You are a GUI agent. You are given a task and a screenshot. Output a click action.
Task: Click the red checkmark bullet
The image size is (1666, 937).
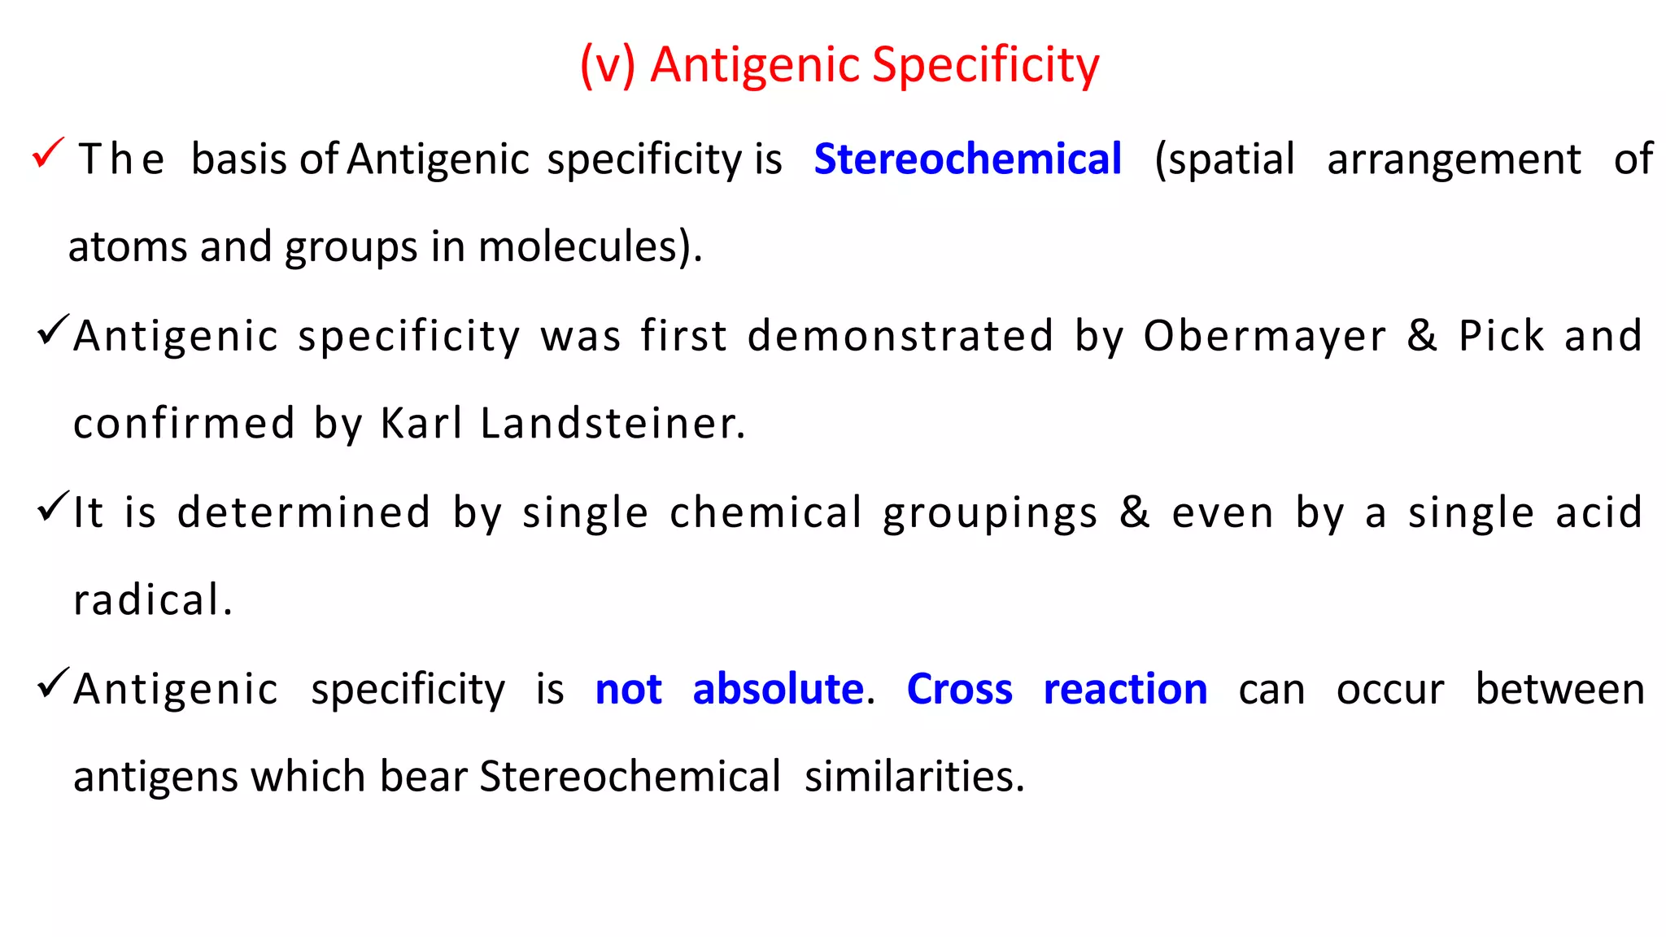click(x=47, y=152)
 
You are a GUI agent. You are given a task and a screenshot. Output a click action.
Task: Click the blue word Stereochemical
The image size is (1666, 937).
click(x=967, y=159)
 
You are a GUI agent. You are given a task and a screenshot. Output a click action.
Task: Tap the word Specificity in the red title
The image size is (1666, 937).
click(x=985, y=64)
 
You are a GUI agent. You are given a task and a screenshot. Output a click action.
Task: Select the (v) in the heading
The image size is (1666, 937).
click(x=607, y=64)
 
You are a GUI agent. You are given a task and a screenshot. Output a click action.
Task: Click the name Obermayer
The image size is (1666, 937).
click(x=1264, y=336)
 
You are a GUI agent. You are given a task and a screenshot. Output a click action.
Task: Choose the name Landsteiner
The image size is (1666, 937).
click(x=612, y=424)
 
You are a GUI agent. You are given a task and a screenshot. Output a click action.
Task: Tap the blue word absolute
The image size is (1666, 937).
click(x=778, y=690)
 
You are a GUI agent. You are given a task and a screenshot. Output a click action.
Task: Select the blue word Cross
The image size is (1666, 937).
click(x=959, y=690)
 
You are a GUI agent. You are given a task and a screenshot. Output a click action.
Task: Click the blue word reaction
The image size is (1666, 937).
click(x=1125, y=690)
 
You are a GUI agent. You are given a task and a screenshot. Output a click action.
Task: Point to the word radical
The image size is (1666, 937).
click(x=151, y=600)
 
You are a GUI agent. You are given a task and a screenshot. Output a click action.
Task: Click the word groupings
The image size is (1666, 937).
click(x=990, y=513)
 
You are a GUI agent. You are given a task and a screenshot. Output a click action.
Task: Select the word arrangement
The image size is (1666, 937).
click(x=1454, y=159)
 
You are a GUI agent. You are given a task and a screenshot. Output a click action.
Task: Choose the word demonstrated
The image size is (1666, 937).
click(x=901, y=336)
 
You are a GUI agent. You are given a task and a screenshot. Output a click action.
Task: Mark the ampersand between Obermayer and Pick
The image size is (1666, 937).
click(x=1422, y=336)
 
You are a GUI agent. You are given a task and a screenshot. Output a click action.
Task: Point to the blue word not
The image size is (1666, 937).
click(x=628, y=690)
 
